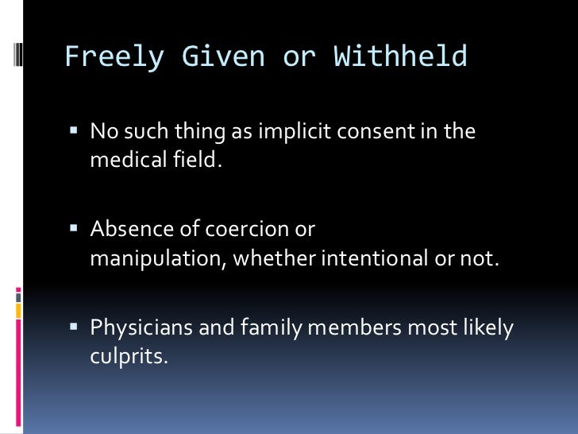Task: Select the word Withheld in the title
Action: pos(401,58)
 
